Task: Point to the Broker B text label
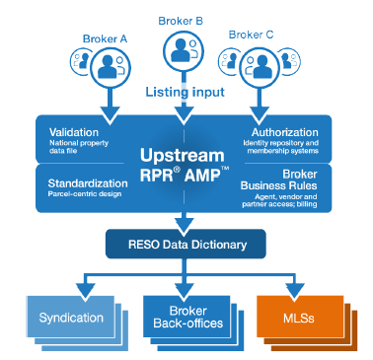180,19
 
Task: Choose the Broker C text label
252,35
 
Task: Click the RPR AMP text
185,178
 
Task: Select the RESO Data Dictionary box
185,242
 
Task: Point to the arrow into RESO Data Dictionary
185,219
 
